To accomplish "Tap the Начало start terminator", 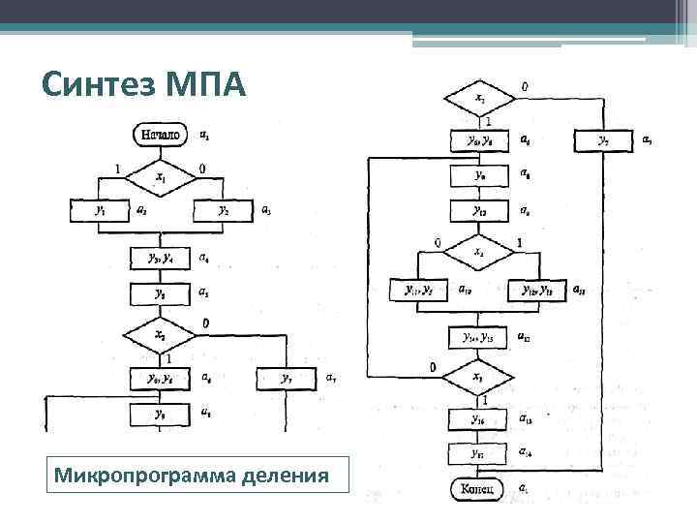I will (x=161, y=134).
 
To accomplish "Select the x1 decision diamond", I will (x=161, y=177).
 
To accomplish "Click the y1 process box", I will (x=100, y=210).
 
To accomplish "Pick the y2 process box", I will (x=224, y=210).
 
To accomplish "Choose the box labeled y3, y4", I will (x=161, y=259).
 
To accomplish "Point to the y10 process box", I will (x=480, y=210).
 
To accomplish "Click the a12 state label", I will (x=525, y=337).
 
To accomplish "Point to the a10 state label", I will (x=465, y=289).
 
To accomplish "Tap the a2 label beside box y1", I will (x=142, y=209).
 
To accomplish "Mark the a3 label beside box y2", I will (x=266, y=210).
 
